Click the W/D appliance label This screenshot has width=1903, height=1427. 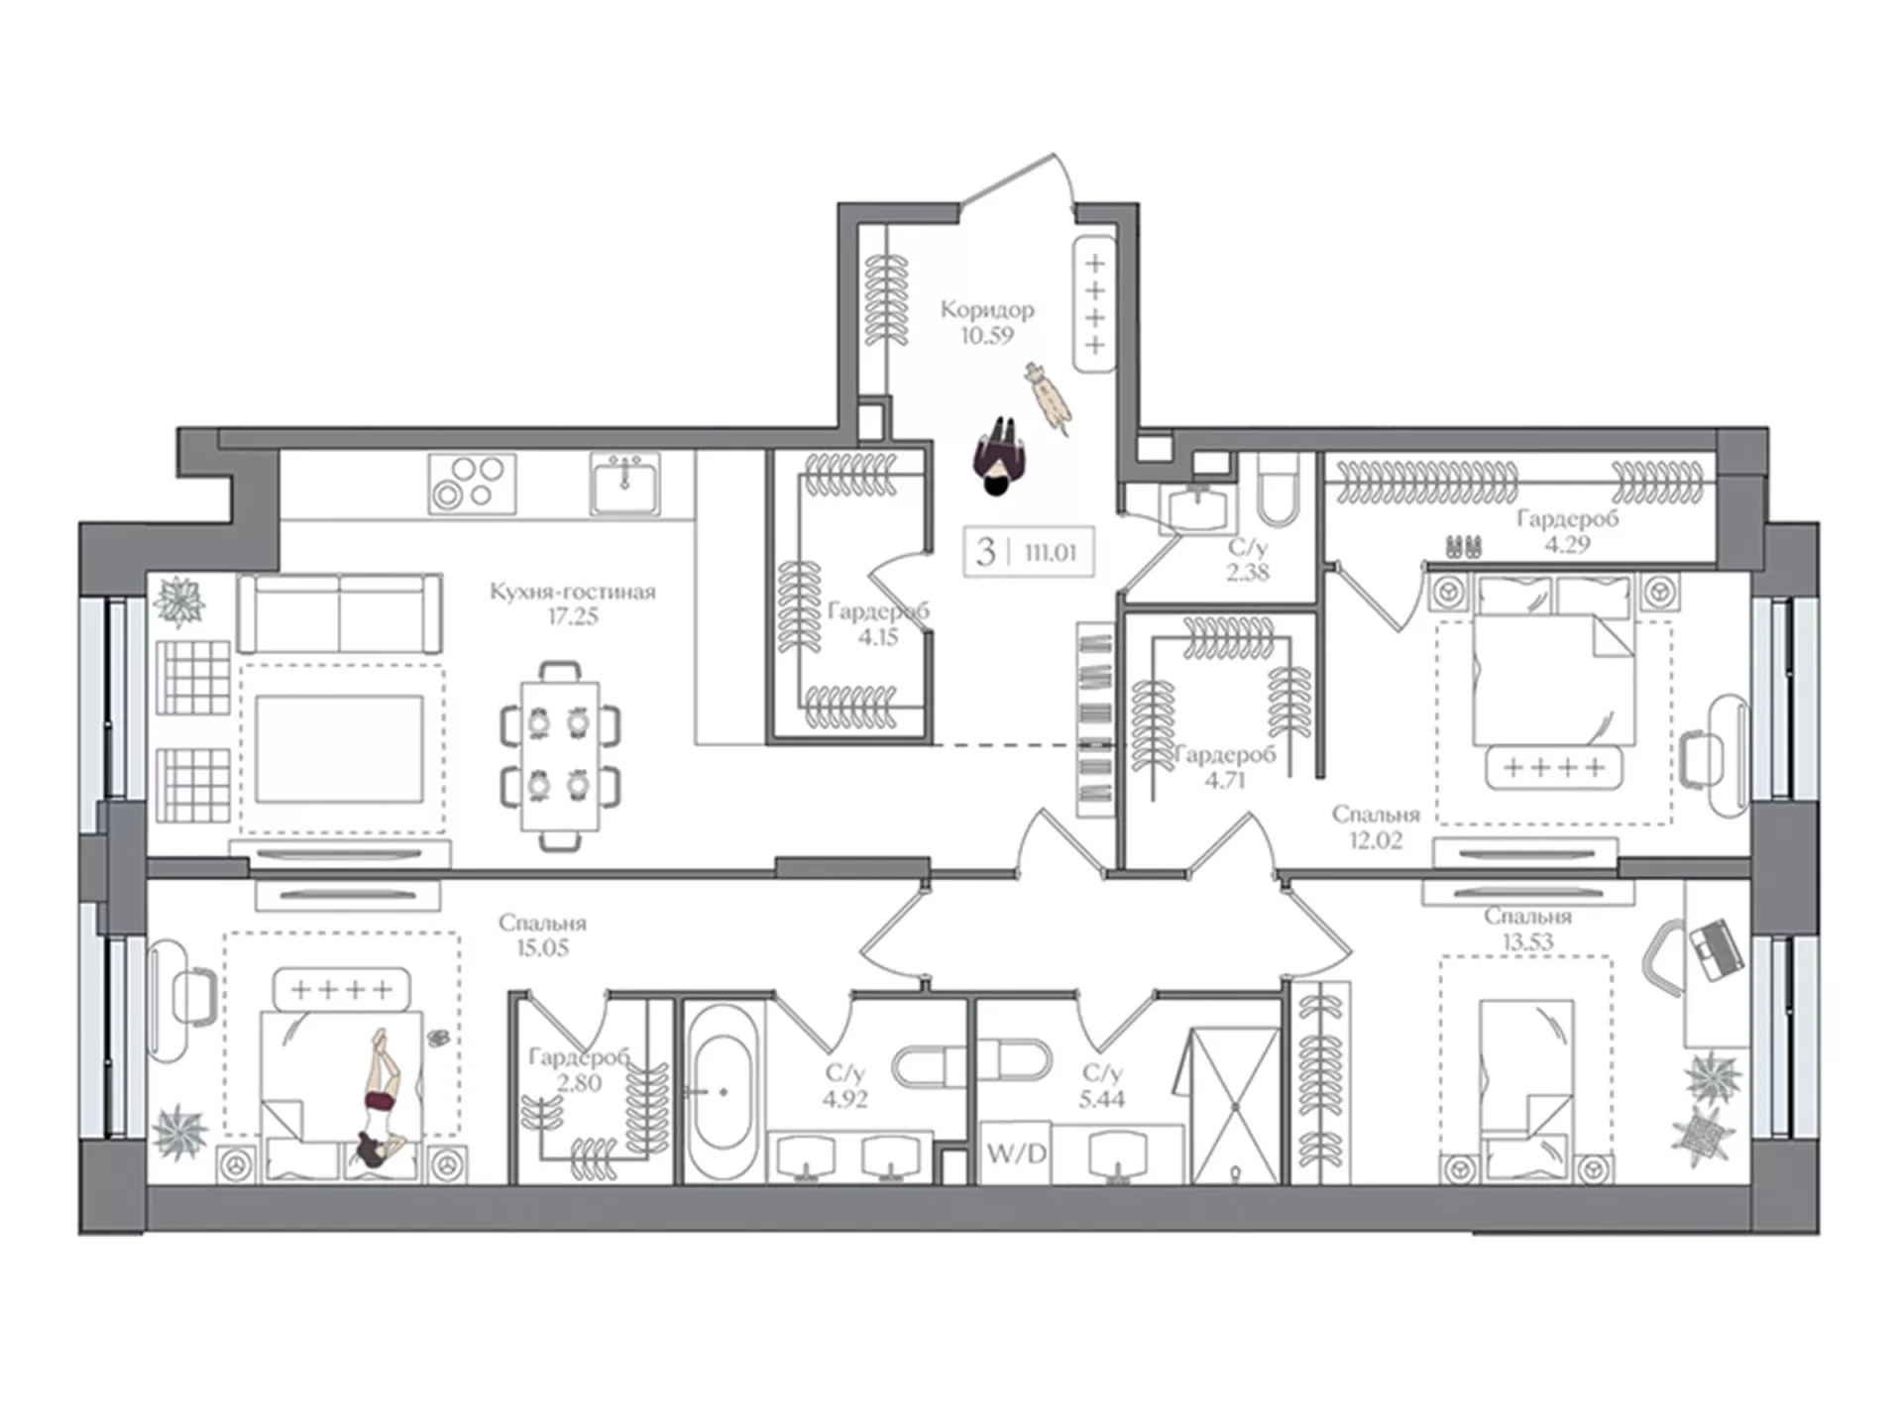pos(1016,1153)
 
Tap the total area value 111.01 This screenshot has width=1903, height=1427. pos(1050,552)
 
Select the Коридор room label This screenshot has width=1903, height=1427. pos(987,309)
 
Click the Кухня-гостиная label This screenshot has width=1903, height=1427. pos(573,592)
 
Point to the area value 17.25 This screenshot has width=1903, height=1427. pos(573,616)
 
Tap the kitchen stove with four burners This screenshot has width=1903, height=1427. pos(472,484)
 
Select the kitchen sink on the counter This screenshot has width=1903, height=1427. pos(625,484)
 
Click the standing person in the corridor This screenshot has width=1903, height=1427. pos(999,456)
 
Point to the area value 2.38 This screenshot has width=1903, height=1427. pos(1247,572)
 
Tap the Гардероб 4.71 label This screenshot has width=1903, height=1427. pos(1225,767)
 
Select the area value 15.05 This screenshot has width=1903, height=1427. pos(542,948)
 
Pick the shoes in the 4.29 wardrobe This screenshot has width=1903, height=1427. pos(1464,546)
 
